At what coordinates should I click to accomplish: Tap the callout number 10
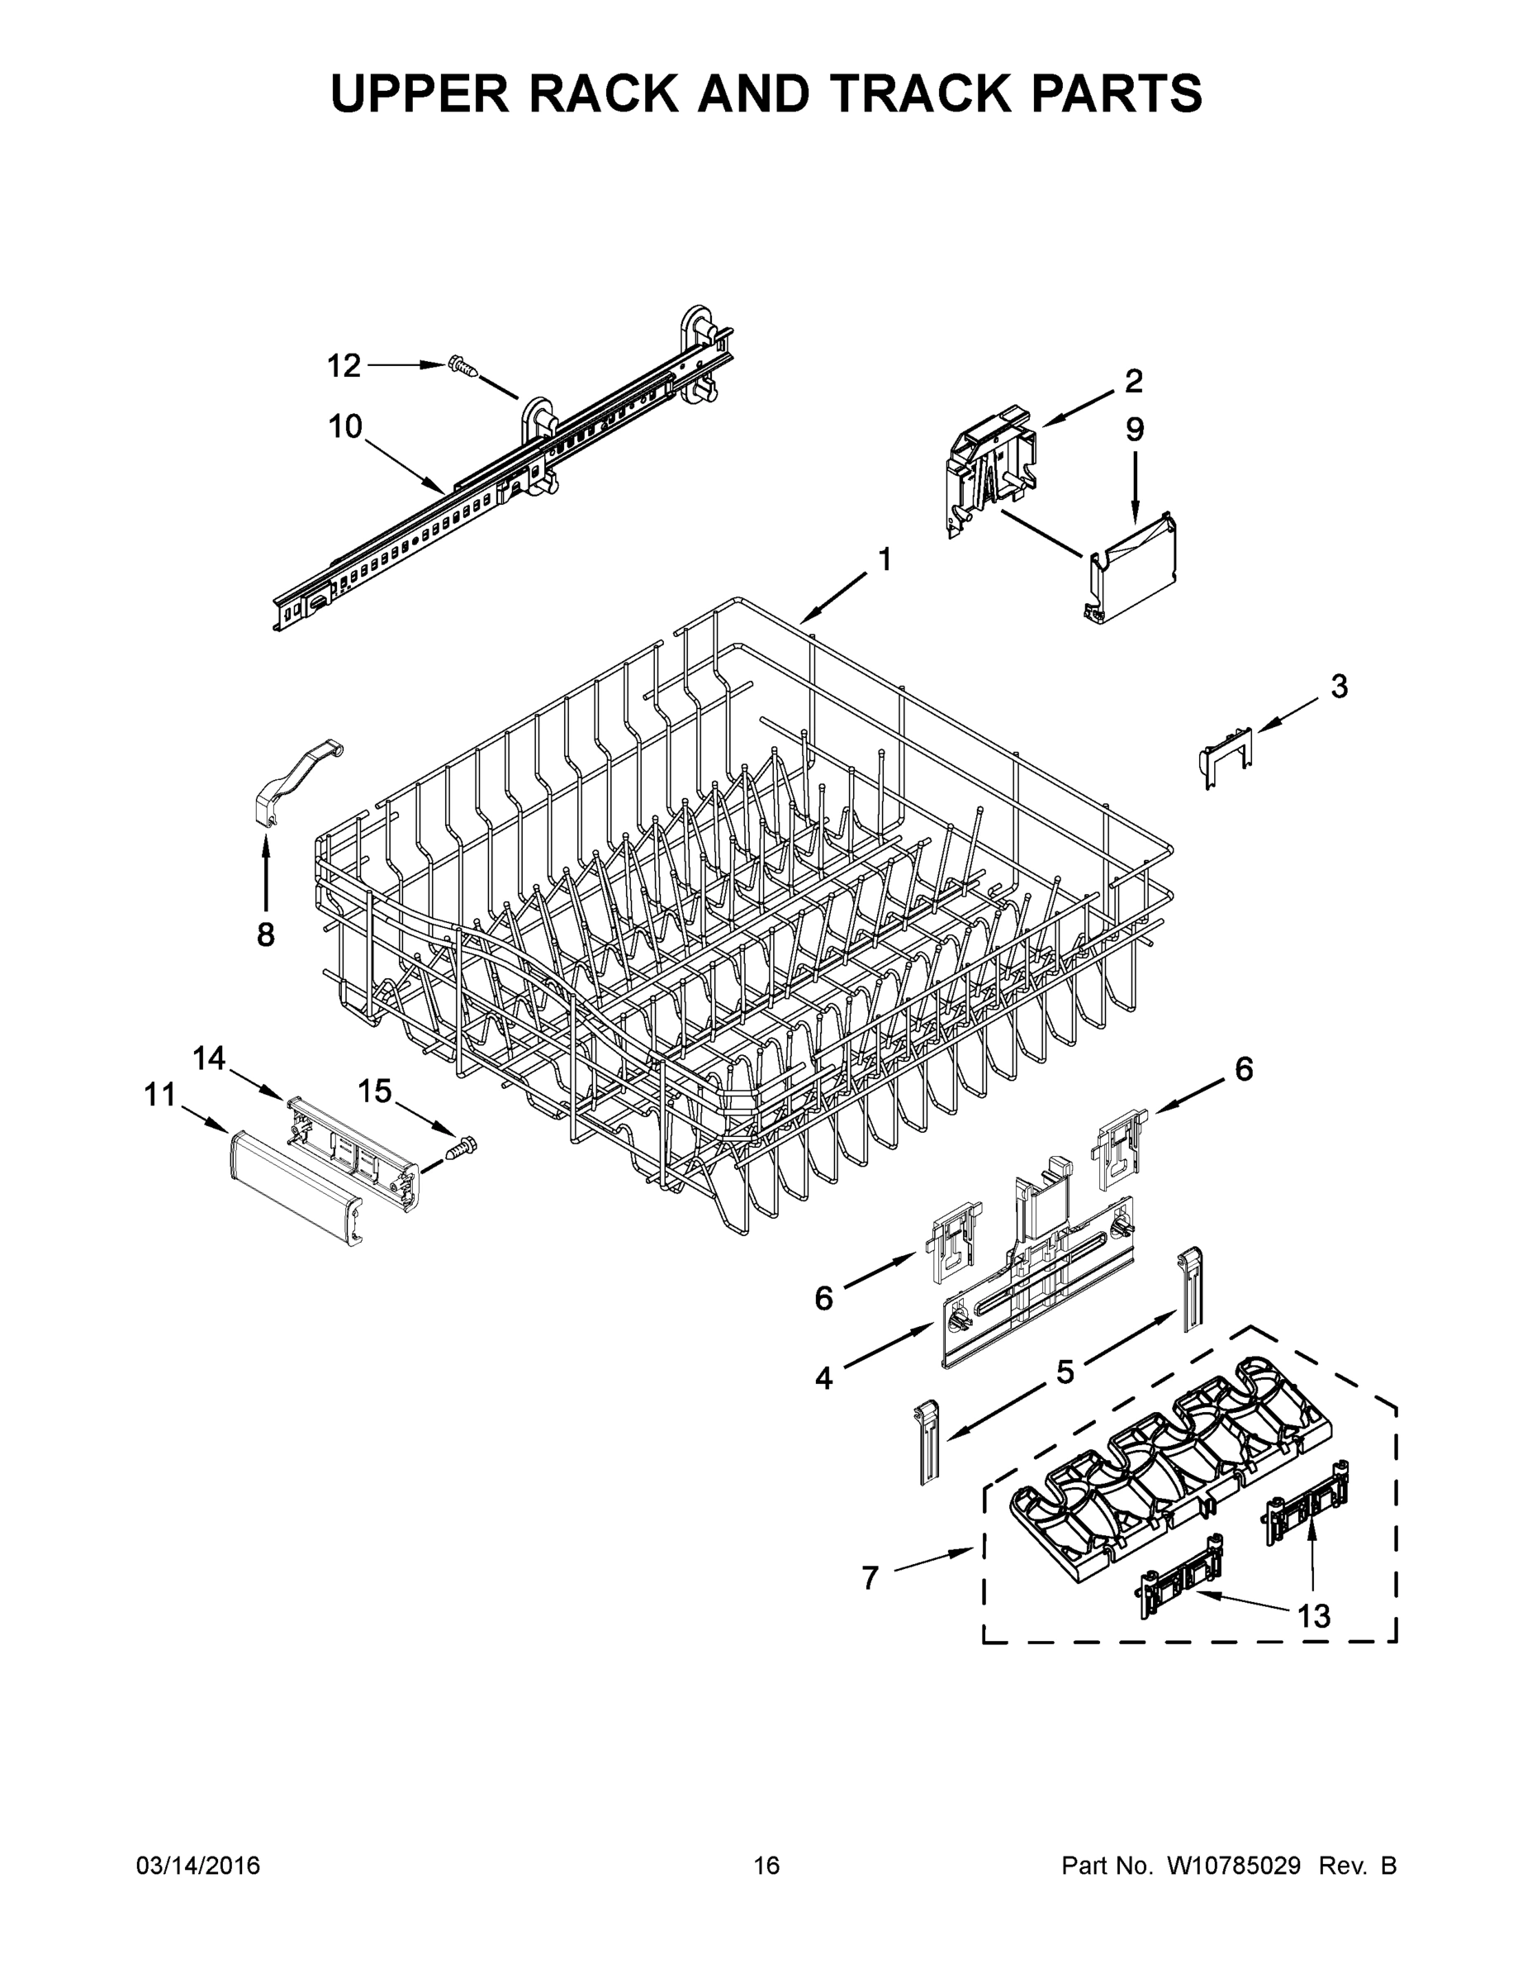click(x=345, y=426)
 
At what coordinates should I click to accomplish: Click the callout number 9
click(x=1136, y=429)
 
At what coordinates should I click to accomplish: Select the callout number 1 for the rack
click(x=883, y=559)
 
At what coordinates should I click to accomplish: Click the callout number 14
click(x=209, y=1058)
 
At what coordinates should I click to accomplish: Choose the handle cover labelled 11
click(x=293, y=1185)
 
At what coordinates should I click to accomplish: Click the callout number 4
click(x=823, y=1378)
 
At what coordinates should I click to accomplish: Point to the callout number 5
click(x=1065, y=1371)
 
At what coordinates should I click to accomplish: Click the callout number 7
click(x=870, y=1579)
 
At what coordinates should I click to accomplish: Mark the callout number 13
click(x=1313, y=1615)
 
